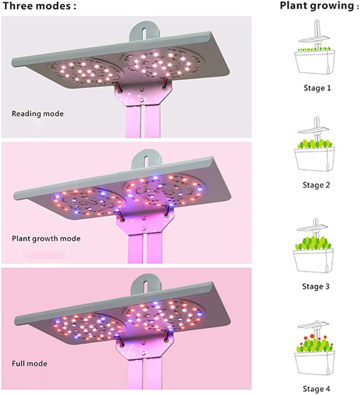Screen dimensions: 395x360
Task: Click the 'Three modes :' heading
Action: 39,7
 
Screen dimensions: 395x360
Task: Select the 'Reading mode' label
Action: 37,114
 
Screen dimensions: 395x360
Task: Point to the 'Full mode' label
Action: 29,363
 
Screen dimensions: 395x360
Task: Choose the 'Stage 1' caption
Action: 316,88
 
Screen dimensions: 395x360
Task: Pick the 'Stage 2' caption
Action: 316,185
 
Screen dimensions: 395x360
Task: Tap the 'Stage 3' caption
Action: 316,286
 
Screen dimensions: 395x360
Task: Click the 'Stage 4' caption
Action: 316,389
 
